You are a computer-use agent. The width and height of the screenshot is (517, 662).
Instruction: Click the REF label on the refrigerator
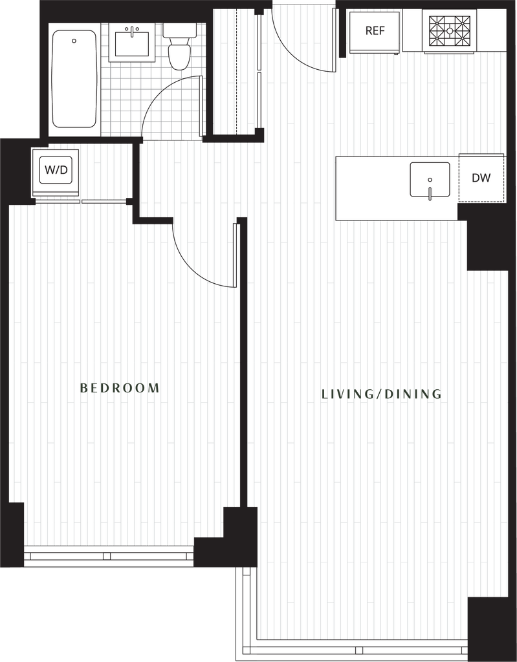375,31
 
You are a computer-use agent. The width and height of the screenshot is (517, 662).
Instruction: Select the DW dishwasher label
481,178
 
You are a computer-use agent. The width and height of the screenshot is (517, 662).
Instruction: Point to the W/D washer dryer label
56,171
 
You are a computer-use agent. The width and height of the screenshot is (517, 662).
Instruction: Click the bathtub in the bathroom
74,79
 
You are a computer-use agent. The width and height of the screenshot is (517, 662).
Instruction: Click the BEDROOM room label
119,388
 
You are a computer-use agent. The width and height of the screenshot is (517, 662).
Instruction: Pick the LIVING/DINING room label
381,394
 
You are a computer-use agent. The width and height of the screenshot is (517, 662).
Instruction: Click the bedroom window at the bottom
109,555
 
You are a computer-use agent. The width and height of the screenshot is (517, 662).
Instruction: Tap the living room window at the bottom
361,650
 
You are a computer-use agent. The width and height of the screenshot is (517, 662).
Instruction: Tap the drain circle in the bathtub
74,41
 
